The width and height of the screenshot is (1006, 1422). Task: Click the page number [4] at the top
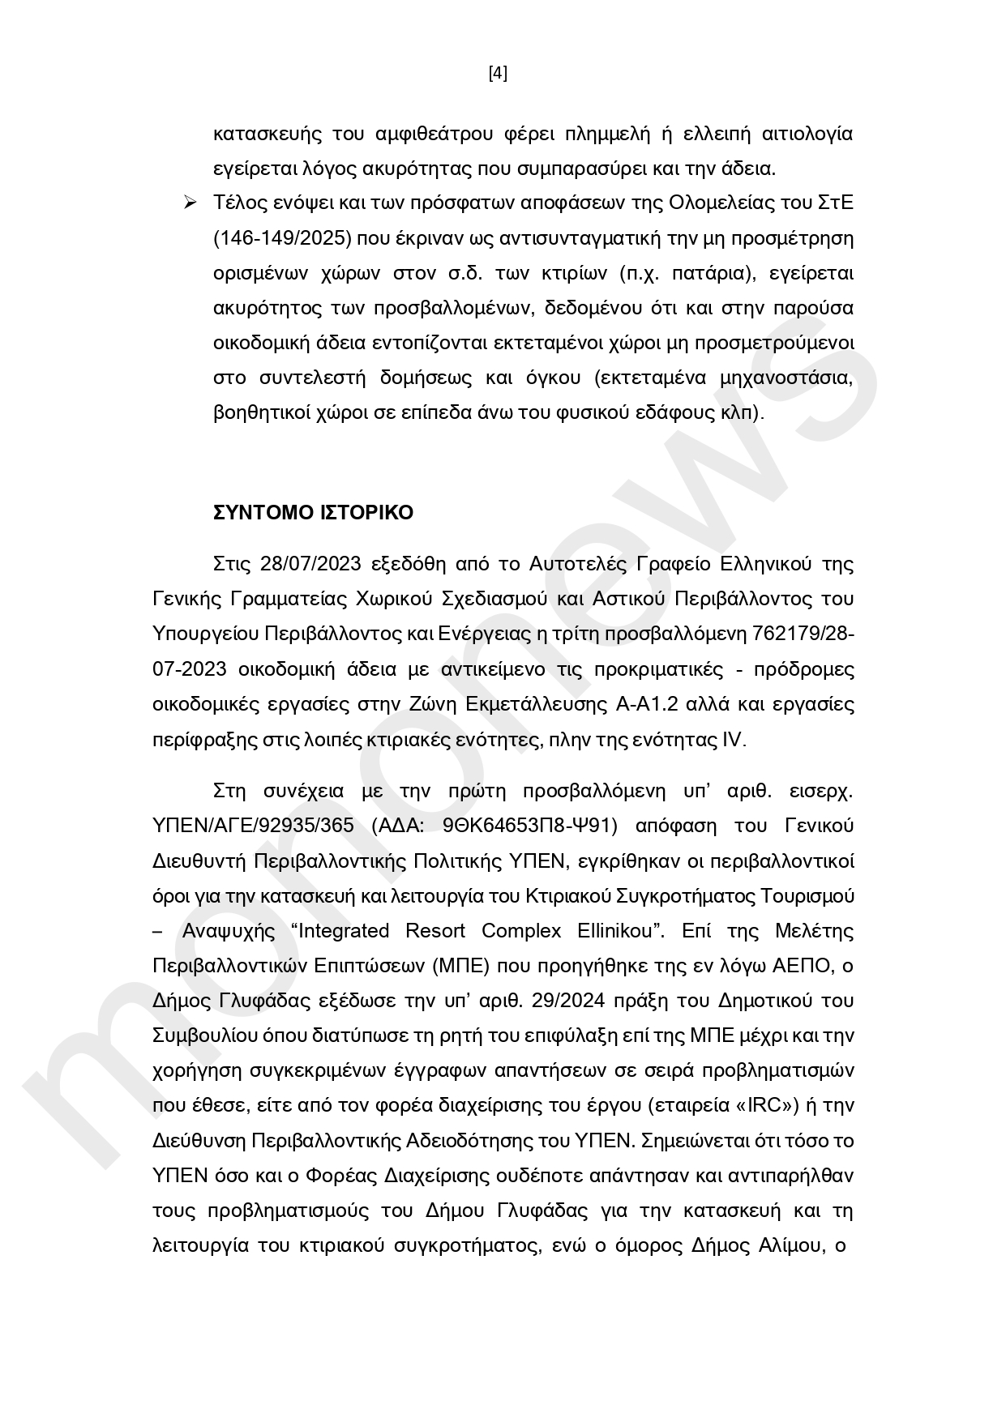(x=498, y=74)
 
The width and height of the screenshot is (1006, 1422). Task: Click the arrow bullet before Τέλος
(x=190, y=203)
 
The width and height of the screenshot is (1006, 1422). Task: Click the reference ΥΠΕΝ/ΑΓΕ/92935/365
(x=253, y=825)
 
